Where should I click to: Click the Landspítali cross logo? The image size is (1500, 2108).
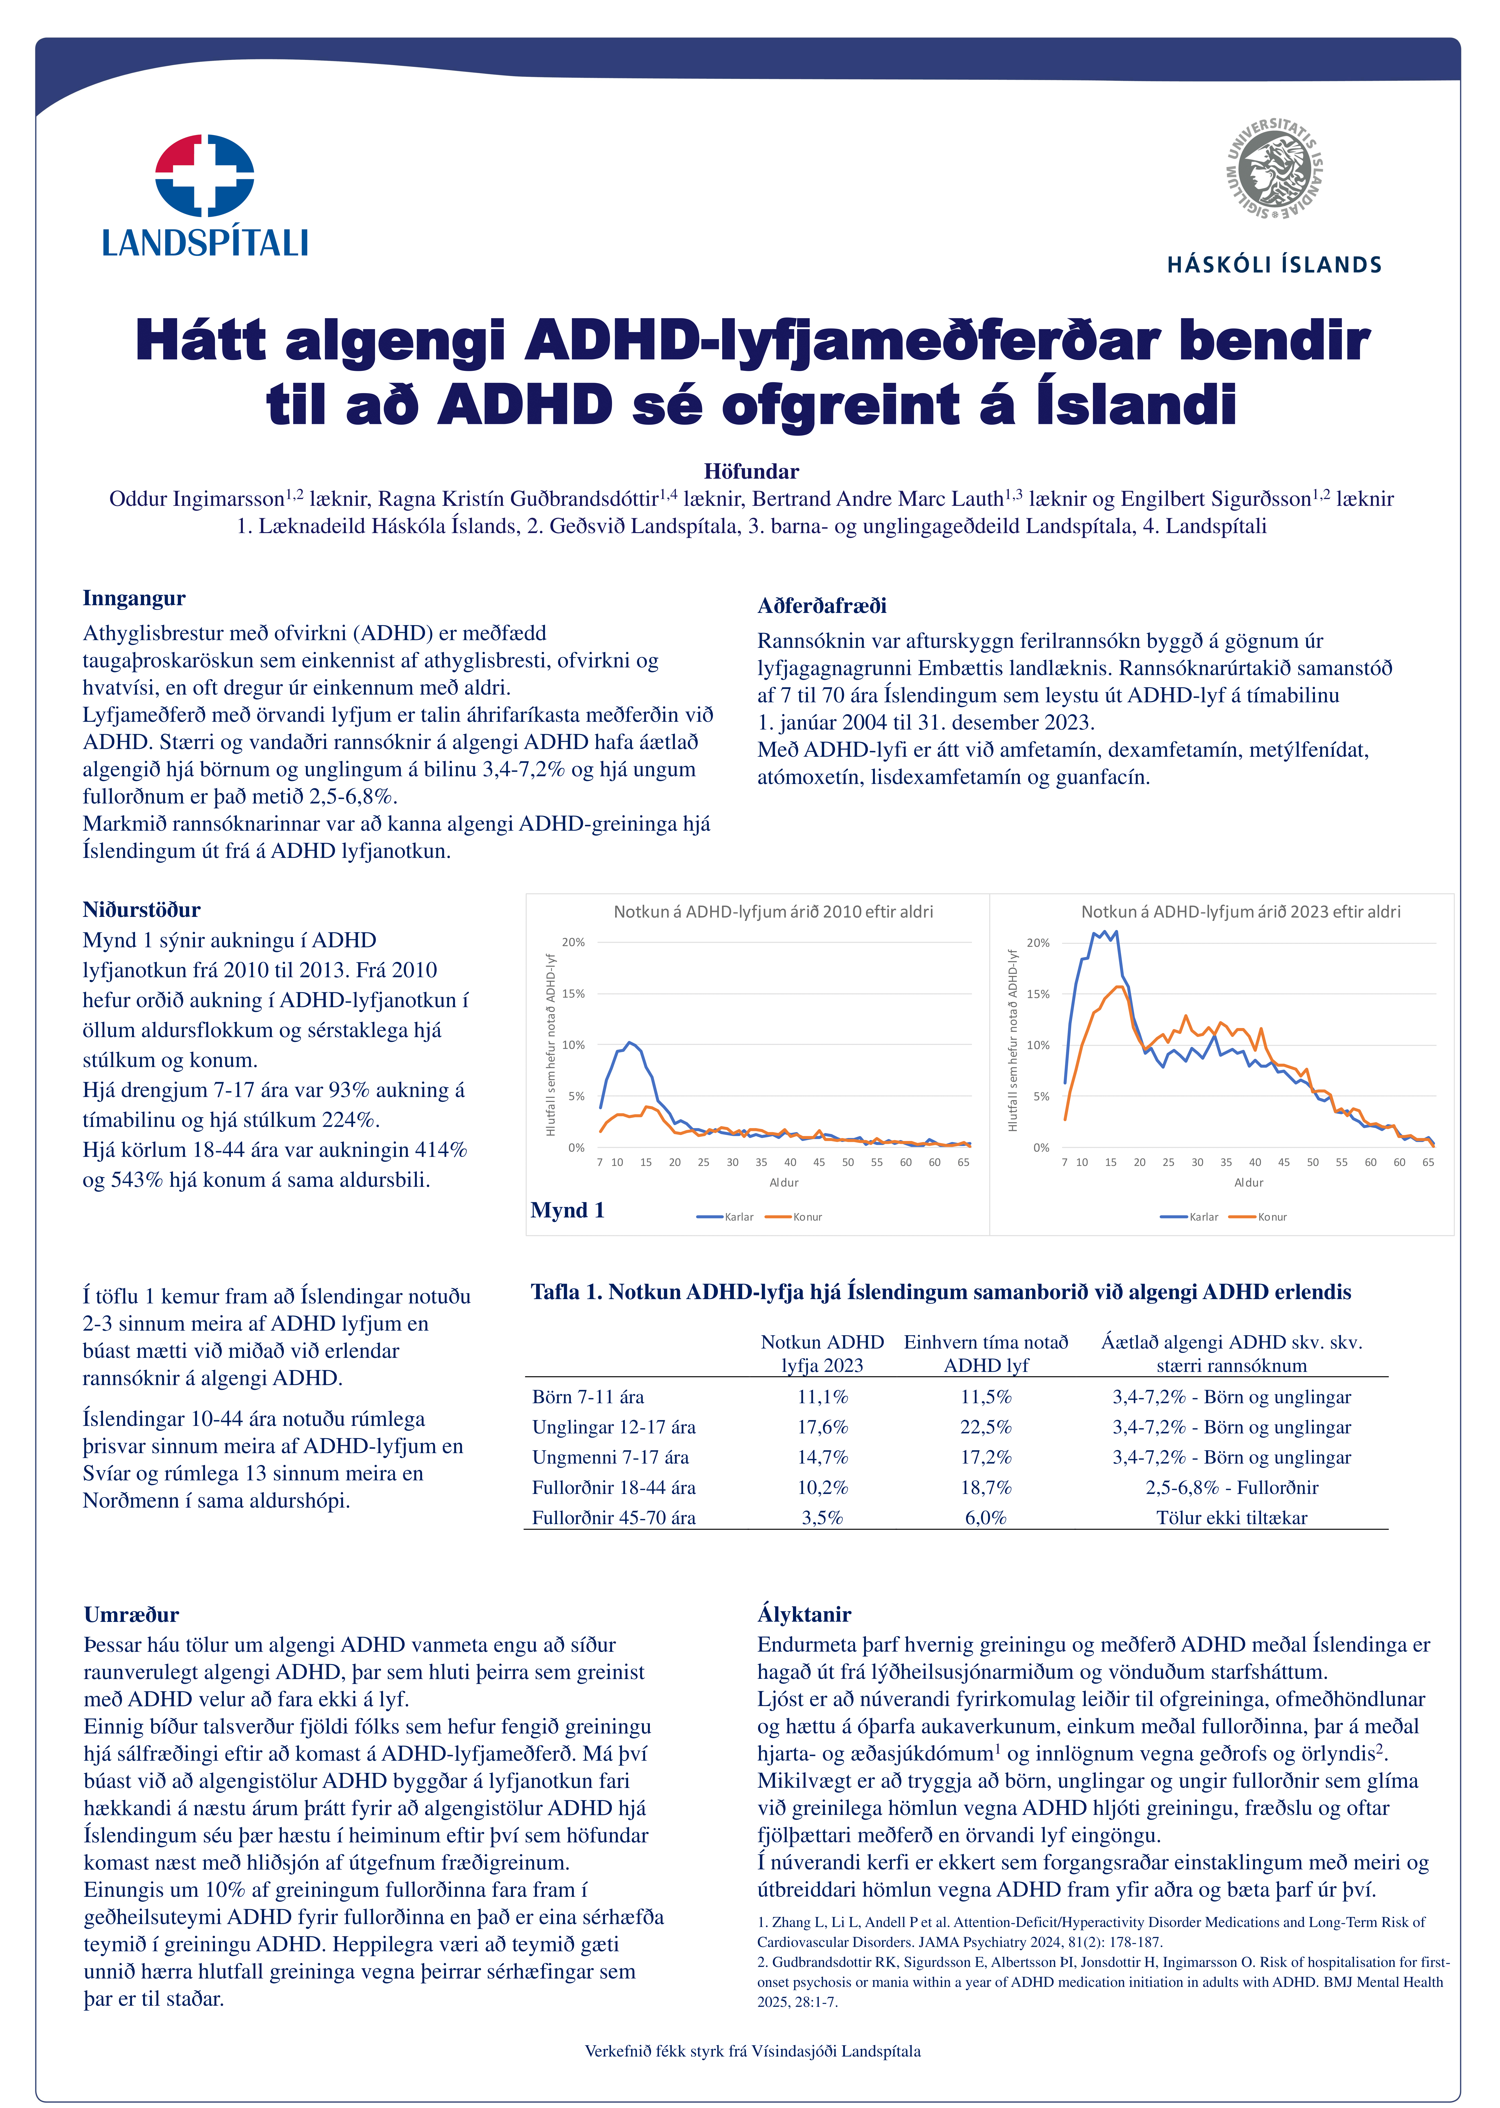click(x=205, y=176)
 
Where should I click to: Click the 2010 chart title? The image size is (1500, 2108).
click(x=773, y=912)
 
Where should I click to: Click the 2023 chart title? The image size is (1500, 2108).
click(x=1240, y=912)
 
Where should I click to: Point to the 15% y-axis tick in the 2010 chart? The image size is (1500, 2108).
click(x=574, y=994)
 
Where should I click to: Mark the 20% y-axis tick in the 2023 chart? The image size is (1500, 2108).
click(x=1038, y=943)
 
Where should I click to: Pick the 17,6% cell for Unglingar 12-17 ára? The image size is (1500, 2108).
click(x=822, y=1427)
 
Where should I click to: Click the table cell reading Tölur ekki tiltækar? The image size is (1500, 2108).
click(x=1231, y=1518)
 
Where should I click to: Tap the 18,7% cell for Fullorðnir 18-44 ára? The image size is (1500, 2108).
click(x=985, y=1487)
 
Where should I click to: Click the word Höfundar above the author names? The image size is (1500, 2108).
click(x=751, y=472)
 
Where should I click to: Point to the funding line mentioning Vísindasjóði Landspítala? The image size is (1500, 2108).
click(x=752, y=2052)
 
